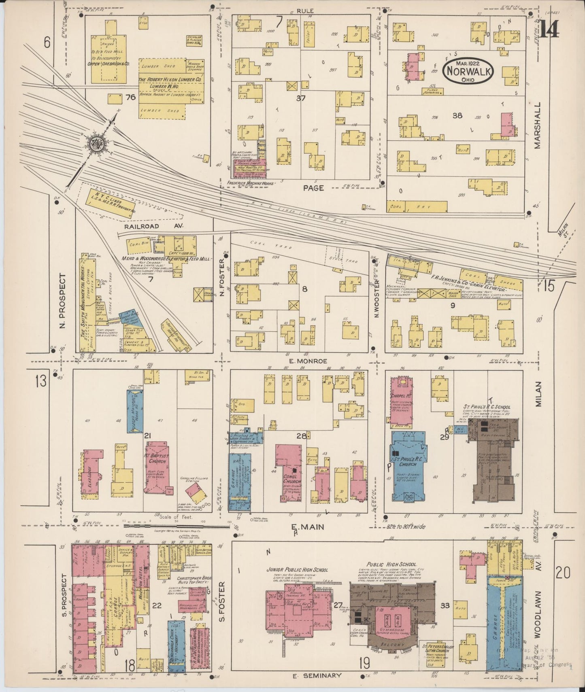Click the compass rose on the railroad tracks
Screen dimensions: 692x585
click(98, 142)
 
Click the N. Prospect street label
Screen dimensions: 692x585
click(62, 300)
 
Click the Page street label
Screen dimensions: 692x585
click(314, 188)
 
